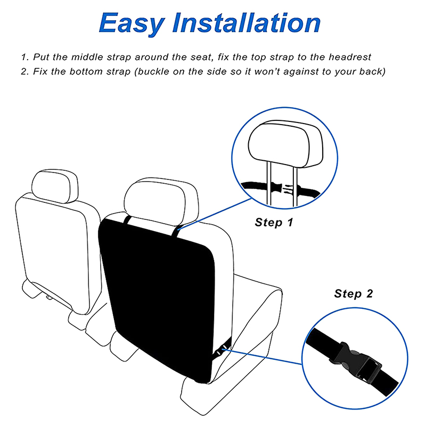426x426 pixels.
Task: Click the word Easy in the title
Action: [132, 24]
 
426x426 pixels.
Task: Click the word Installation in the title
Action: [247, 23]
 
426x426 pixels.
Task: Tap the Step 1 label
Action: [274, 222]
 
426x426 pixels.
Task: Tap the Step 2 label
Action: [354, 294]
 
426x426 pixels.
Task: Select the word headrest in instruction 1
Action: [350, 57]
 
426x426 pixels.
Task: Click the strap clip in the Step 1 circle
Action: [285, 188]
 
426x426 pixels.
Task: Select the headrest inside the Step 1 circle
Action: [285, 144]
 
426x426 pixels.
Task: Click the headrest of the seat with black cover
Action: [161, 202]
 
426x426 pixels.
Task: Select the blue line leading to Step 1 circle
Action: [215, 214]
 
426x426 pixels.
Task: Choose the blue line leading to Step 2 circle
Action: [263, 357]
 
